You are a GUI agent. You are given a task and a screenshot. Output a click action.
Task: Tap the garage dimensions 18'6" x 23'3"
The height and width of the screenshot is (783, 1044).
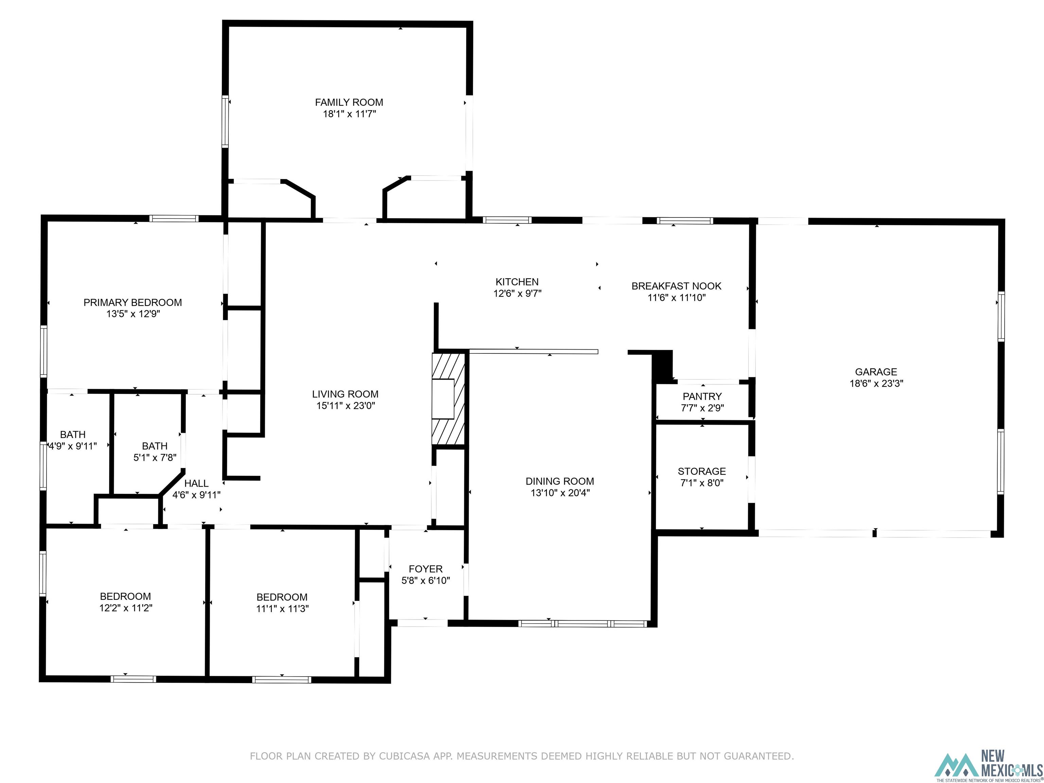tap(876, 384)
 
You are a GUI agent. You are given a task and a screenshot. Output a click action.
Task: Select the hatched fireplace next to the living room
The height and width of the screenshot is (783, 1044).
tap(448, 399)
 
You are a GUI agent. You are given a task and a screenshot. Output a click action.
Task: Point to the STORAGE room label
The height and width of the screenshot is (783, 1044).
tap(701, 471)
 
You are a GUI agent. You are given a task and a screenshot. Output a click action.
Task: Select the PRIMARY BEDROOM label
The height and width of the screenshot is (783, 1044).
tap(133, 302)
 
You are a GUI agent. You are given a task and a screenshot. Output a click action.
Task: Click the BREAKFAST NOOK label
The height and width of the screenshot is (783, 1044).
tap(676, 286)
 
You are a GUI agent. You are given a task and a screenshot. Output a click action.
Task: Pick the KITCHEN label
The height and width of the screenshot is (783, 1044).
tap(517, 282)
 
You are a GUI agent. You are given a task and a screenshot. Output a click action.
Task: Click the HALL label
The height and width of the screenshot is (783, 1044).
tap(196, 483)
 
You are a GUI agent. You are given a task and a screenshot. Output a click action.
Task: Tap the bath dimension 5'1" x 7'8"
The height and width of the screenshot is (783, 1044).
tap(155, 457)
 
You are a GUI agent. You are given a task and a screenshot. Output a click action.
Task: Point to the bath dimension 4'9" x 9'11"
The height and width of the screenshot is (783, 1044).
tap(73, 446)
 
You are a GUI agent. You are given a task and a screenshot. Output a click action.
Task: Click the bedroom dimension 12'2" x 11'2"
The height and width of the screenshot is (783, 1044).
tap(125, 608)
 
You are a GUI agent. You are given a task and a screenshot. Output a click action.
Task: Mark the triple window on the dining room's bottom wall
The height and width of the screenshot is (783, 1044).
tap(582, 624)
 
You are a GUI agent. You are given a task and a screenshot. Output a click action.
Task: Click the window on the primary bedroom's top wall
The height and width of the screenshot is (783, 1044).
tap(174, 219)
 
